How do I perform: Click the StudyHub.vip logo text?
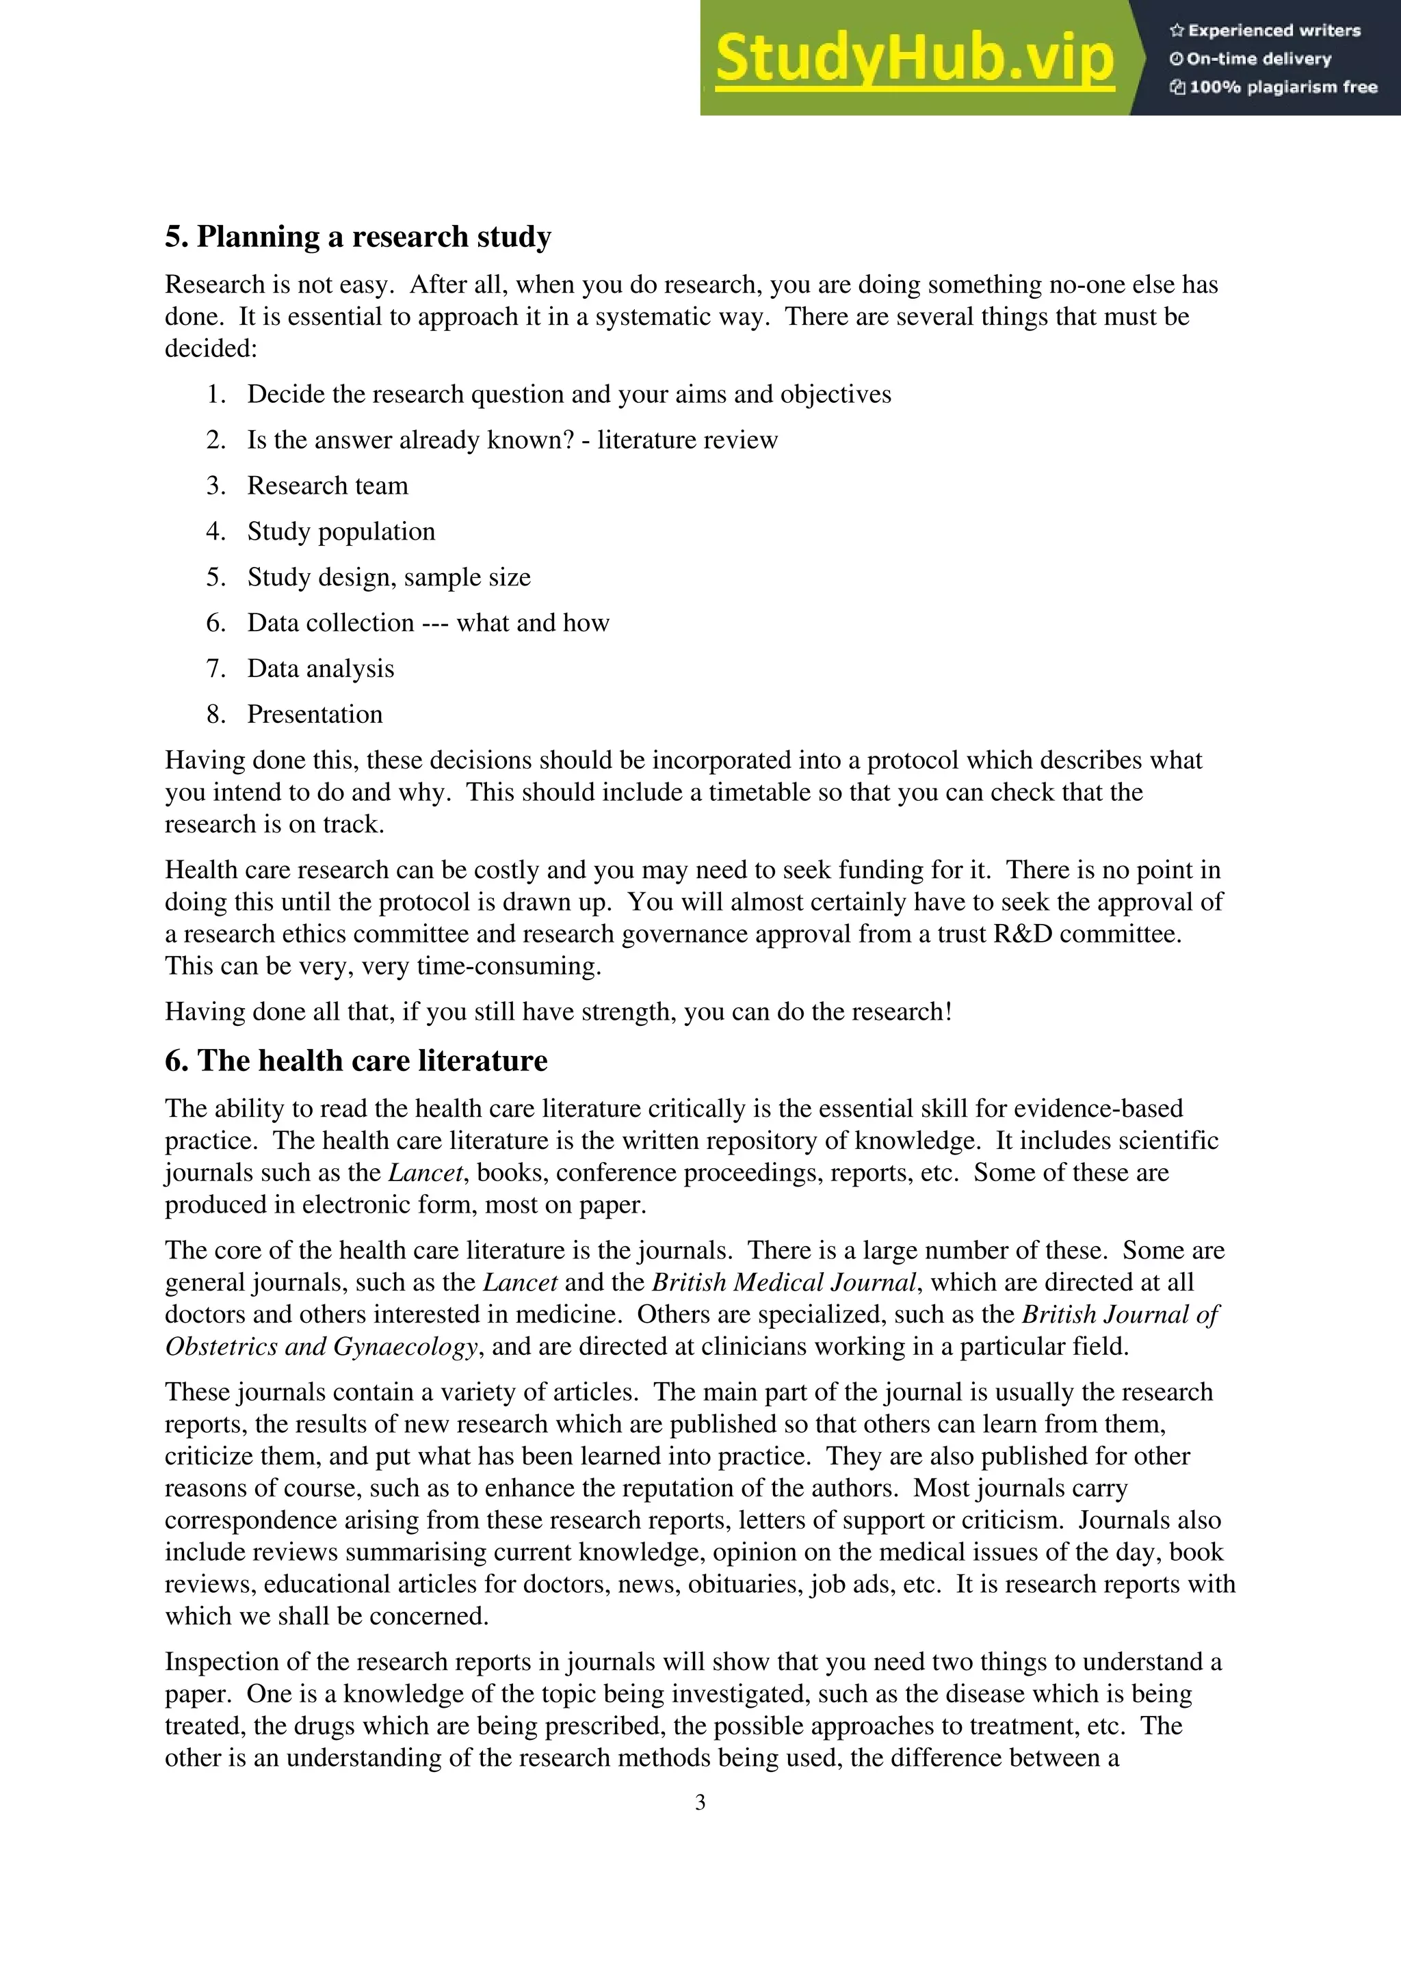click(914, 59)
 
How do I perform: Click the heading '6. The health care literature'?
click(356, 1061)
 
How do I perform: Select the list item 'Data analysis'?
click(320, 669)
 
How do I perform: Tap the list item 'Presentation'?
click(314, 715)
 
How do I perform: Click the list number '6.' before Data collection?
click(215, 623)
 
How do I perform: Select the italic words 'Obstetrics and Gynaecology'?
click(321, 1347)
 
